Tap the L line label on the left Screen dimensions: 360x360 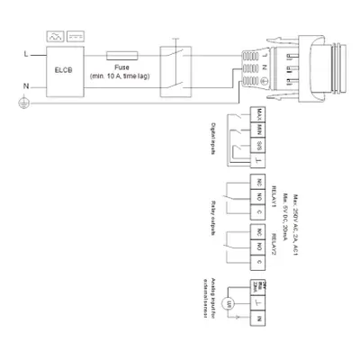tap(25, 55)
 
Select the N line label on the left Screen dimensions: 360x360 tap(25, 86)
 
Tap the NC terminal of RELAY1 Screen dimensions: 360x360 tap(258, 183)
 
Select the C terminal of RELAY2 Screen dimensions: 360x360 tap(258, 262)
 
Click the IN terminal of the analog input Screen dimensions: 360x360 tap(258, 320)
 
